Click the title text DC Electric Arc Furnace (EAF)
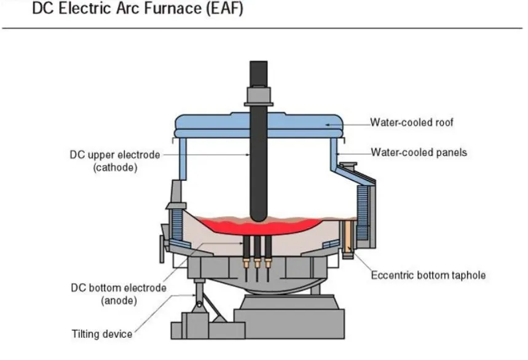[138, 8]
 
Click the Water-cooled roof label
[412, 122]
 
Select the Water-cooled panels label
[419, 152]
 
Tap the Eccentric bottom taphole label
[428, 275]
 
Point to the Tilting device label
[102, 334]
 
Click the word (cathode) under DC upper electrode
[116, 167]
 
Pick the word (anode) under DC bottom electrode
[119, 300]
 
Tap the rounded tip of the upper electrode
[259, 219]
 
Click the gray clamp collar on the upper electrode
[259, 96]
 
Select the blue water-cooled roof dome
[259, 126]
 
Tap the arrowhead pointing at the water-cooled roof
[328, 125]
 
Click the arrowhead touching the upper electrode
[248, 155]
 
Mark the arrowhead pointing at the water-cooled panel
[338, 154]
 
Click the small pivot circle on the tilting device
[199, 305]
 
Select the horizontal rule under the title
[262, 28]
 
